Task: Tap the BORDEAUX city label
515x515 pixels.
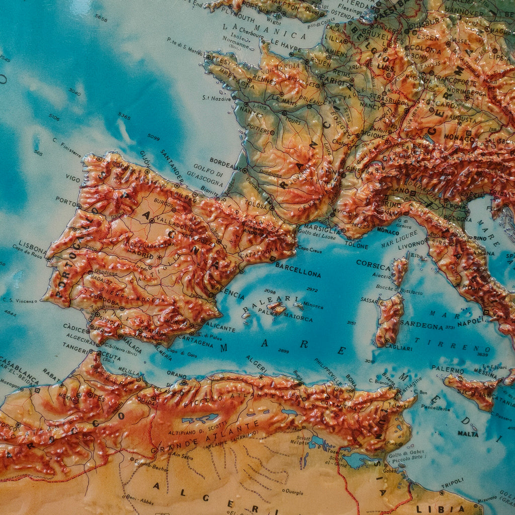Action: pyautogui.click(x=224, y=163)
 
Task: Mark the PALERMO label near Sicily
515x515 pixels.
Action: pyautogui.click(x=448, y=370)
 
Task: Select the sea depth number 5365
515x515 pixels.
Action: pyautogui.click(x=124, y=117)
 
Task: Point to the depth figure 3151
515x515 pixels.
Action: pyautogui.click(x=351, y=323)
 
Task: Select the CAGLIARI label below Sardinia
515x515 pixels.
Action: pyautogui.click(x=398, y=347)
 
